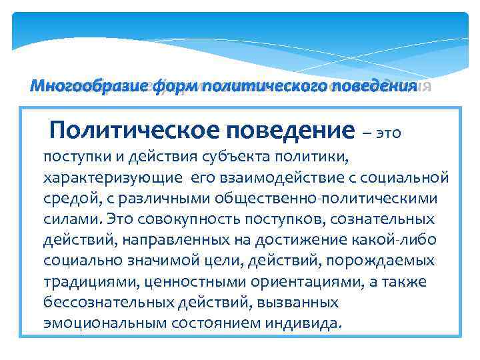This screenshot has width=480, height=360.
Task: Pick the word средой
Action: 69,199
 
